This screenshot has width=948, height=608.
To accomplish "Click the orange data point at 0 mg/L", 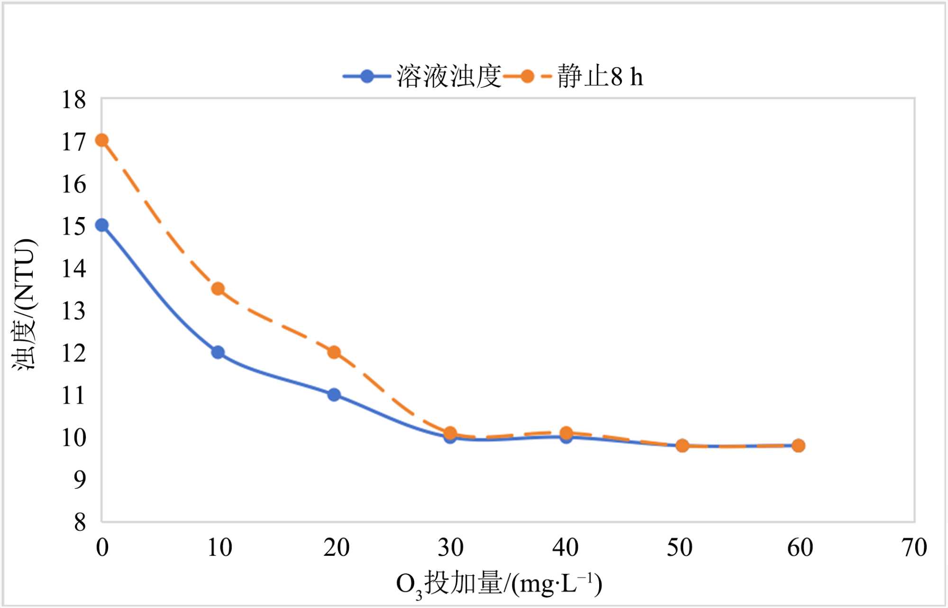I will coord(102,140).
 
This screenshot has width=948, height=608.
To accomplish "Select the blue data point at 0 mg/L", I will coord(102,225).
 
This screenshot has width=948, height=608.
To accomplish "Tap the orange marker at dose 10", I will coord(218,289).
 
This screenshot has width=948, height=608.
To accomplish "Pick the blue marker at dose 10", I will coord(218,352).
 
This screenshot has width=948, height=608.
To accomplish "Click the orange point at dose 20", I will coord(334,352).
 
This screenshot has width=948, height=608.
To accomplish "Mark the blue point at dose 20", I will coord(334,394).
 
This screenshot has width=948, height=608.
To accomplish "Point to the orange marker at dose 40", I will coord(566,432).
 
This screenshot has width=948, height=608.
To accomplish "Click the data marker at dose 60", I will coord(798,445).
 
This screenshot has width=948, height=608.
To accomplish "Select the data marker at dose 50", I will coord(682,445).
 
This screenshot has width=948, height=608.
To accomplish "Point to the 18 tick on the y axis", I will coord(74,100).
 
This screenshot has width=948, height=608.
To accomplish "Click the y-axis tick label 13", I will coord(74,311).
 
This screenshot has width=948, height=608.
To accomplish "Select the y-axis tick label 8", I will coord(80,522).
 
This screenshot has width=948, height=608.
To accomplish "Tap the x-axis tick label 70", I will coord(914,548).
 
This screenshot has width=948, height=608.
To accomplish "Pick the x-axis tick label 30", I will coord(450,548).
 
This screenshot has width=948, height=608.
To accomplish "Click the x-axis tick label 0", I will coord(102,548).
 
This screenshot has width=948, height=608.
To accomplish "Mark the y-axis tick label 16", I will coord(74,184).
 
